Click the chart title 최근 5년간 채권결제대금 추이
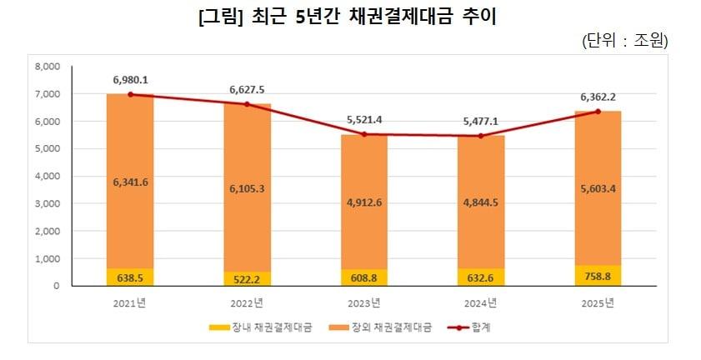(x=350, y=16)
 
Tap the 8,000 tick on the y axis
(x=49, y=67)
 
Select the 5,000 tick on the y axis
(x=49, y=149)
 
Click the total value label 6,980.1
(x=130, y=79)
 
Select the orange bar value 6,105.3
(x=247, y=189)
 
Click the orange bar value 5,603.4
(x=597, y=189)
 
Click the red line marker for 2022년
(x=247, y=104)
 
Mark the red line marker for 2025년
(x=597, y=111)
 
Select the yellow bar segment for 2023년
(x=363, y=277)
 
